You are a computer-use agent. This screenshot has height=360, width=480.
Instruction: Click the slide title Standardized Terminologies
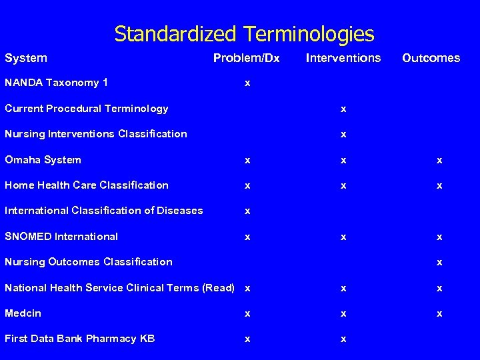(x=244, y=33)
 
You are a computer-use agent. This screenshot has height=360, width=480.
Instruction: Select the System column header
(x=26, y=58)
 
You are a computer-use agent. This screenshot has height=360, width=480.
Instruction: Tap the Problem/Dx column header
(x=246, y=58)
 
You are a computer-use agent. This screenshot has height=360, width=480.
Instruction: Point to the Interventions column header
(x=343, y=58)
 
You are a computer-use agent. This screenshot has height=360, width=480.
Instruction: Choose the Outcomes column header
(x=431, y=58)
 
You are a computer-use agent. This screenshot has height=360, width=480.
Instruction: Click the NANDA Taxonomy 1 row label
(x=57, y=83)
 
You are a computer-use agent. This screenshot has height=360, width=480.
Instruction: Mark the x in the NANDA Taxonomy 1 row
(x=247, y=84)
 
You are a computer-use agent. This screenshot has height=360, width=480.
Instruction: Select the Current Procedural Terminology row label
(x=87, y=109)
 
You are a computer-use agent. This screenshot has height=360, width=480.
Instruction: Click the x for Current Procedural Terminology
(x=343, y=109)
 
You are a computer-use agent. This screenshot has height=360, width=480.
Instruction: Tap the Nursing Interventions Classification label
(x=96, y=134)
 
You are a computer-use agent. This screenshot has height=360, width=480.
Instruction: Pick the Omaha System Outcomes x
(x=439, y=161)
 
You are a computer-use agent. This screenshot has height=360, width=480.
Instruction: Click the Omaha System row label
(x=43, y=160)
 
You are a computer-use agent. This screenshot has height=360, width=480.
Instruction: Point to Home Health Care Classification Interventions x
(x=343, y=186)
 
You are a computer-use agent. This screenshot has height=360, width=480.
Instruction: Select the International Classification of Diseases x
(x=247, y=211)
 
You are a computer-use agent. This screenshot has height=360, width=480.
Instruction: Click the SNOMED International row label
(x=61, y=237)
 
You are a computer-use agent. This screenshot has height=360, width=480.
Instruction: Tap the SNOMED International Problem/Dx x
(x=247, y=237)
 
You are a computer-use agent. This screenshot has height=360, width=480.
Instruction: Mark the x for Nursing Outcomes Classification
(x=439, y=263)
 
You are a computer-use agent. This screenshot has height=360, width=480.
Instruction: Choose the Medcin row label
(x=23, y=313)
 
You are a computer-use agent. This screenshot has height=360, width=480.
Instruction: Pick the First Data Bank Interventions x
(x=343, y=339)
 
